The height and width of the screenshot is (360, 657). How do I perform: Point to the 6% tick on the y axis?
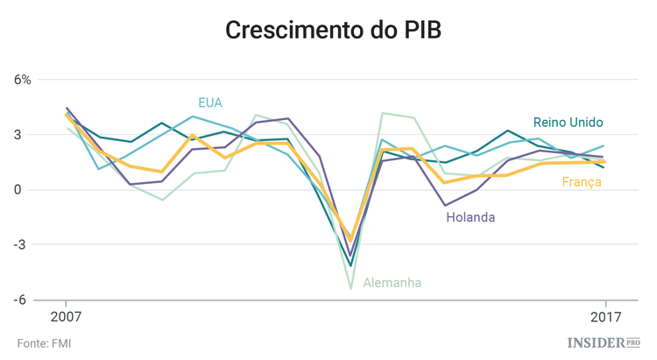[22, 80]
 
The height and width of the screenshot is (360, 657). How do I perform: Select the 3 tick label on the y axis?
[27, 135]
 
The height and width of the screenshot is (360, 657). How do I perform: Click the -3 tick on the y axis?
[25, 244]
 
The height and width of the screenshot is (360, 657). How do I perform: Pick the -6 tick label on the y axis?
[25, 300]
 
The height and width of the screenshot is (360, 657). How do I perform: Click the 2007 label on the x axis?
[67, 317]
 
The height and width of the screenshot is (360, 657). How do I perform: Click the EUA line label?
[210, 102]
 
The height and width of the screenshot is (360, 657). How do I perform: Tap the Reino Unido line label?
[569, 122]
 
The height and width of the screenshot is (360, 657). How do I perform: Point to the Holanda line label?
[469, 217]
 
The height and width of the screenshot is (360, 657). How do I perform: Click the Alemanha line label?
[392, 282]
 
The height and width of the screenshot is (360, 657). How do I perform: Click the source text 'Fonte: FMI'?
[44, 343]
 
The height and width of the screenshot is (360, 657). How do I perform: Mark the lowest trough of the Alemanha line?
[350, 288]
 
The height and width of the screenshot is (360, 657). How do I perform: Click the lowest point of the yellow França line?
[350, 241]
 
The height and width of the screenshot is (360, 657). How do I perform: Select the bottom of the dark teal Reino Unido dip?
[350, 265]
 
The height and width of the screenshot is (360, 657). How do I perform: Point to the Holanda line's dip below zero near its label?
[445, 206]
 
